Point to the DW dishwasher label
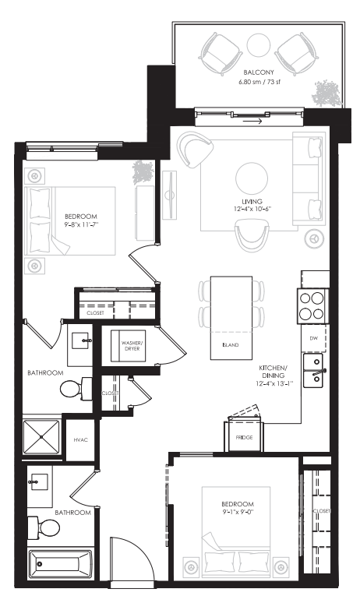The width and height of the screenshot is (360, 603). [x=314, y=338]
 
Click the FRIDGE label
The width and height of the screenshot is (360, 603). [x=244, y=437]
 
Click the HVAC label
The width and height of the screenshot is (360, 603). [x=80, y=440]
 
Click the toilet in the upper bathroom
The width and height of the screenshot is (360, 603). [x=75, y=388]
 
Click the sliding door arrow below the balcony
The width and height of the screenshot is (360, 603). [x=251, y=121]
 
